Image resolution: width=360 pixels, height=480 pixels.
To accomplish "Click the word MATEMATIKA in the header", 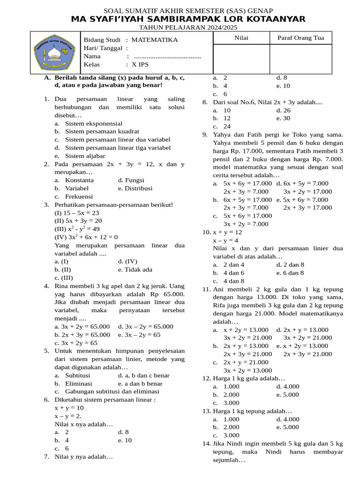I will (155, 40).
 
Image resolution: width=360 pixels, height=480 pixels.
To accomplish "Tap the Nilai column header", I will (241, 38).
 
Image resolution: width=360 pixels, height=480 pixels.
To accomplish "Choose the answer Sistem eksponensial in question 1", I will (94, 123).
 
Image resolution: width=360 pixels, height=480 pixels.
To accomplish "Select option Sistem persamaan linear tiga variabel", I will (118, 148).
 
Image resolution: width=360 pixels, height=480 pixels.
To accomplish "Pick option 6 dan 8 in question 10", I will (293, 272).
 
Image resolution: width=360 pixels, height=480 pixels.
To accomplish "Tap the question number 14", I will (207, 443).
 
